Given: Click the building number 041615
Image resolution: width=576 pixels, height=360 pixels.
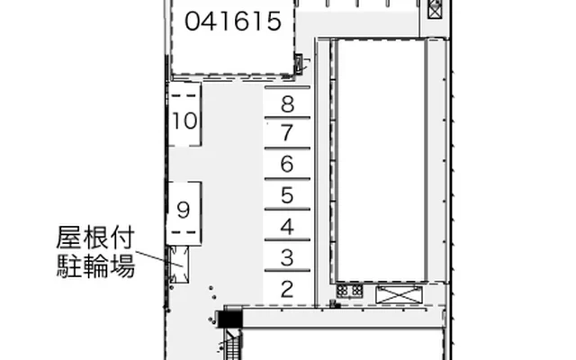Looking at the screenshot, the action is [x=233, y=21].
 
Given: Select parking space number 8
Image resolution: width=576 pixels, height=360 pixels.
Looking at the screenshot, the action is [x=287, y=104].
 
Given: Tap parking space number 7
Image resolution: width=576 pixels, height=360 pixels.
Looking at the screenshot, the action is [x=287, y=133].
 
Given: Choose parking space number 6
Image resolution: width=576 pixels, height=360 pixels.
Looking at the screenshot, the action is [x=287, y=164].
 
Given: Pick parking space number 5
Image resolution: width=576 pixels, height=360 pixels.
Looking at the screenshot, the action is [x=287, y=195].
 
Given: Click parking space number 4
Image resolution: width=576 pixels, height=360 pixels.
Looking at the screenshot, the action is [x=287, y=226].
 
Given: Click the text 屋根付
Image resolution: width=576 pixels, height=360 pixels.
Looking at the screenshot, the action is [x=95, y=238].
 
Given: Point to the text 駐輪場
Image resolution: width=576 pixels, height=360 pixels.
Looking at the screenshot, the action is [x=95, y=265].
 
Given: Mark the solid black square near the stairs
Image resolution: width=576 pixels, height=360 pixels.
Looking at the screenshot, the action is [x=230, y=319].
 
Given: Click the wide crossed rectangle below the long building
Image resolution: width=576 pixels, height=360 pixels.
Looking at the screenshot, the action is [x=399, y=295].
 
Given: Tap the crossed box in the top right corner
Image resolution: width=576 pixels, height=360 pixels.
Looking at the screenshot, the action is [x=435, y=9].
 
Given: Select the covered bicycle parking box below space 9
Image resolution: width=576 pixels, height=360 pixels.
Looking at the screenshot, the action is [x=179, y=265].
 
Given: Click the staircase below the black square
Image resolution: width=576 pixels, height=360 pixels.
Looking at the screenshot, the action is [x=232, y=345].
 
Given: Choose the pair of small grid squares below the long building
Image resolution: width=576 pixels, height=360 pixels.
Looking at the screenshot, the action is [x=350, y=291].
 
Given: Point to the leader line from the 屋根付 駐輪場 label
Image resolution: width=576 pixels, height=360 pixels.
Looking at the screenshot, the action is [x=159, y=258].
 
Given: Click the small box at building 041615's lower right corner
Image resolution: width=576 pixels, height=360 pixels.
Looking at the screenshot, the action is [x=299, y=64].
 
